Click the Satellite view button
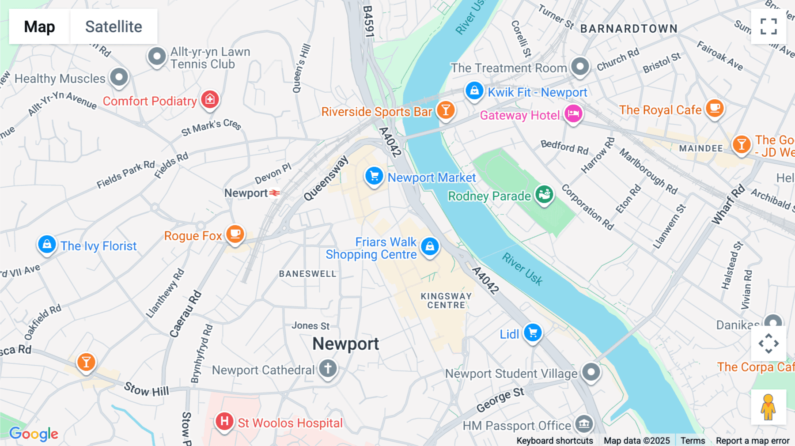114,26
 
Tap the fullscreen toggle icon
768,26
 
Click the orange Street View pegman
768,407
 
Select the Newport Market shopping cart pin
374,176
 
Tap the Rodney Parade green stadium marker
544,194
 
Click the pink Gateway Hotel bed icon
573,114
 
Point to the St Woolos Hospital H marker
224,421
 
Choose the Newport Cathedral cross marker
328,368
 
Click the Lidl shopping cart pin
533,333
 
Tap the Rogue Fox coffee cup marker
235,234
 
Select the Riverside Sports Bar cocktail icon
446,110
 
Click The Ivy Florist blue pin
47,244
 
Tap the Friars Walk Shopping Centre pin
430,246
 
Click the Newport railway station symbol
275,193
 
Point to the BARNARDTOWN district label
628,29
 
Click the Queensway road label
326,178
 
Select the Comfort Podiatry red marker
210,99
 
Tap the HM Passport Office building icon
584,424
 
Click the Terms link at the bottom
693,440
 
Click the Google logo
34,434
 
